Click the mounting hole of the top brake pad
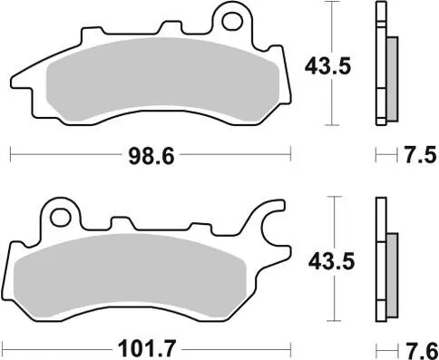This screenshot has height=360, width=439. point(235,18)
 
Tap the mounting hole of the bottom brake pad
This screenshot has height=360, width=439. point(62,216)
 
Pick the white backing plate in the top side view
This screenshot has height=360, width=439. point(379,63)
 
